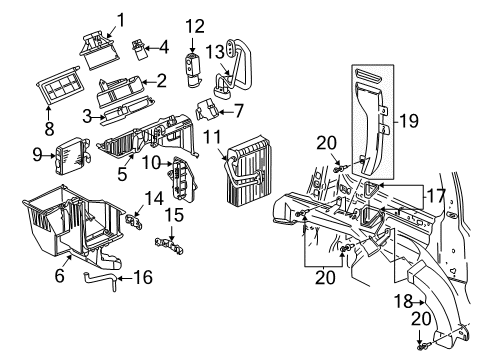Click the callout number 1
click(121, 18)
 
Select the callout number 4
click(164, 46)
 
